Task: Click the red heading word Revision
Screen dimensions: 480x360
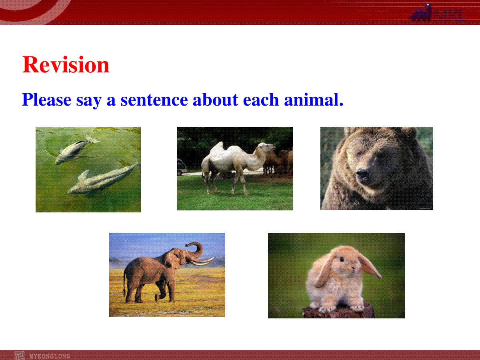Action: click(x=66, y=65)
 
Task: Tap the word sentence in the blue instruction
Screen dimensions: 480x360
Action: click(x=154, y=100)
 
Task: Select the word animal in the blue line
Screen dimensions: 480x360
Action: click(x=314, y=100)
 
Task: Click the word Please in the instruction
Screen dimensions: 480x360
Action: click(x=46, y=100)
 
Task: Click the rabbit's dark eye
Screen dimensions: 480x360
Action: click(x=342, y=260)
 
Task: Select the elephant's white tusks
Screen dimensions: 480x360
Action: click(x=201, y=262)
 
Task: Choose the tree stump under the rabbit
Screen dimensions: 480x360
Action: click(x=338, y=311)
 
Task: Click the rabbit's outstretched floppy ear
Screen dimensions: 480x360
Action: click(x=370, y=268)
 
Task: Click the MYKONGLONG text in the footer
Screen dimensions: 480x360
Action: click(x=50, y=356)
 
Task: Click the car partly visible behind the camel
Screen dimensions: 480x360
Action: click(x=182, y=167)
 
